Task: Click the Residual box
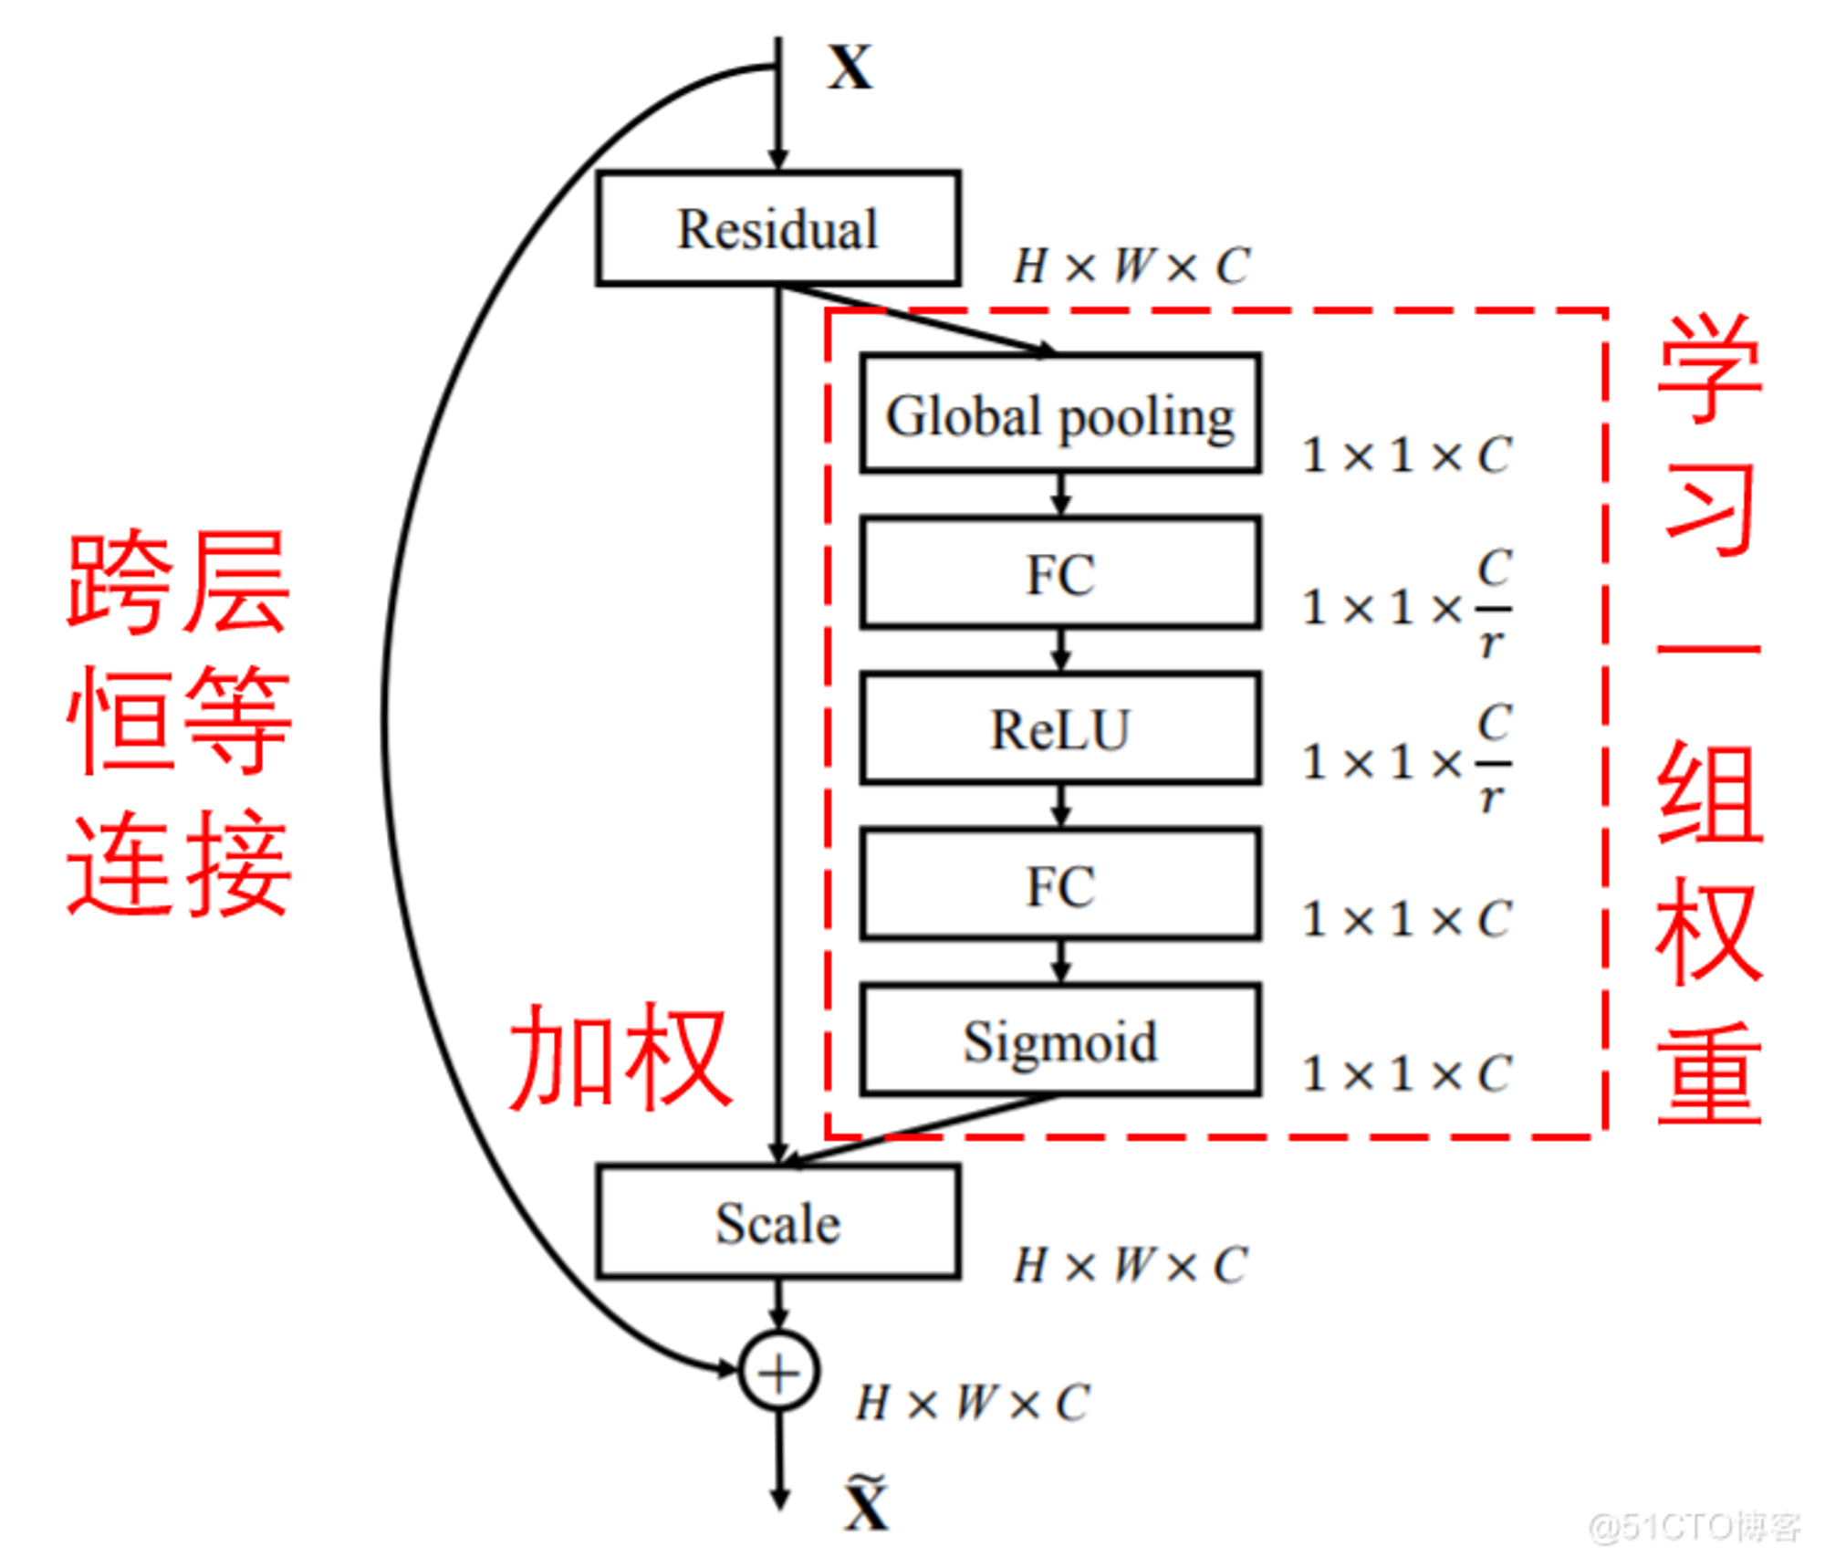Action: tap(777, 227)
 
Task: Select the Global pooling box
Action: tap(1060, 413)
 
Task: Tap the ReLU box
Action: tap(1060, 728)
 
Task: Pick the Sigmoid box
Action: tap(1060, 1040)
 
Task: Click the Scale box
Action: tap(777, 1221)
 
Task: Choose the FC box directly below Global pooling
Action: tap(1060, 572)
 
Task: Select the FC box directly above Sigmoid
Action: tap(1060, 883)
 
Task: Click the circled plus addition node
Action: tap(778, 1371)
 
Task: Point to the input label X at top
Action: tap(850, 67)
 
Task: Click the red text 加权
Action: tap(620, 1056)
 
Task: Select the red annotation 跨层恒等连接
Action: tap(179, 723)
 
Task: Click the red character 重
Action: tap(1709, 1073)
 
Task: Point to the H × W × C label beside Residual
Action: tap(1131, 267)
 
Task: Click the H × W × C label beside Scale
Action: tap(1131, 1265)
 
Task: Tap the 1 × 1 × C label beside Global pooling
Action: tap(1407, 455)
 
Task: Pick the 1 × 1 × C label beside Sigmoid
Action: tap(1407, 1073)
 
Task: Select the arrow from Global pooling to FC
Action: tap(1060, 495)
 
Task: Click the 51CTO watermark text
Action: tap(1695, 1526)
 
